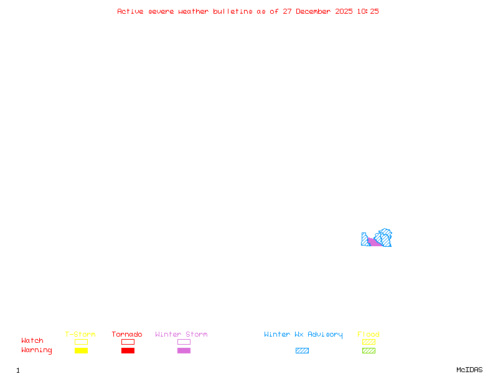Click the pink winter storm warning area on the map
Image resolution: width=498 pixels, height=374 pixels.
(x=375, y=242)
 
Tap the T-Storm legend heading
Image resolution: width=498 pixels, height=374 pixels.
(x=80, y=335)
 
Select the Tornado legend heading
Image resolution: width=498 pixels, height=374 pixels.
(x=127, y=335)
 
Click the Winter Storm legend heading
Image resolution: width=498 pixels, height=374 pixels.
(x=181, y=335)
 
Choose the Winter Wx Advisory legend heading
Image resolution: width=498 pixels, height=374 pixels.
(x=303, y=335)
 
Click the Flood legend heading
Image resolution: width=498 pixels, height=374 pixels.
(x=369, y=335)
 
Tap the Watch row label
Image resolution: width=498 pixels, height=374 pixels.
(x=32, y=341)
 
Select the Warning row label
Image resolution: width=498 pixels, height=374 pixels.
(x=37, y=350)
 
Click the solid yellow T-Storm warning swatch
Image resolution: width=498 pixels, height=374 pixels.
(x=81, y=351)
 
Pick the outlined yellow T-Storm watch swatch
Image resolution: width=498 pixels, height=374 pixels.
(x=81, y=342)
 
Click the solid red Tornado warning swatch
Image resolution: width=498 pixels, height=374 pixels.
(x=128, y=351)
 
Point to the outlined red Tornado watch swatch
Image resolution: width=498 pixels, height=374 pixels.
(x=128, y=342)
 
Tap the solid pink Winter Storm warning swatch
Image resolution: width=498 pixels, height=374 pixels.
(x=184, y=351)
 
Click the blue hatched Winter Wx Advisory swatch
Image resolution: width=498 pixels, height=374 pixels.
(x=302, y=351)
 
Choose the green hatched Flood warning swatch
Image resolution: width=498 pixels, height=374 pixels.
(x=369, y=351)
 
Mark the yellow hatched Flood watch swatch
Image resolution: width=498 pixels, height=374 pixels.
(x=369, y=342)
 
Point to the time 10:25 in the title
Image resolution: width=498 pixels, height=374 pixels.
(x=368, y=11)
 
